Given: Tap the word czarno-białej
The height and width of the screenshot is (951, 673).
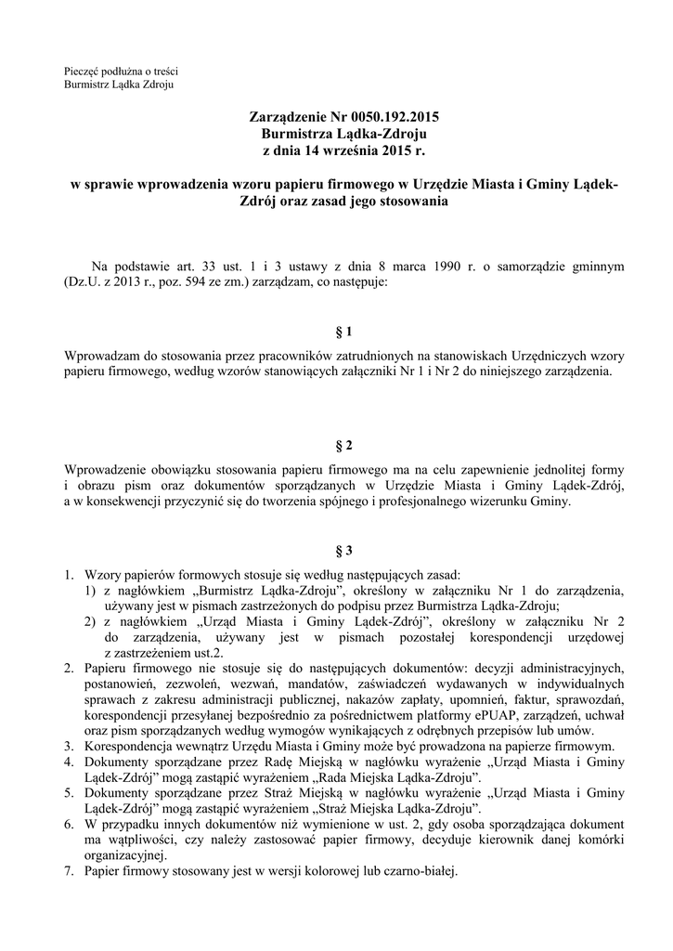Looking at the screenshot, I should [418, 872].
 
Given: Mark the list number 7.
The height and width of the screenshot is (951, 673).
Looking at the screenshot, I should [70, 872].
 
